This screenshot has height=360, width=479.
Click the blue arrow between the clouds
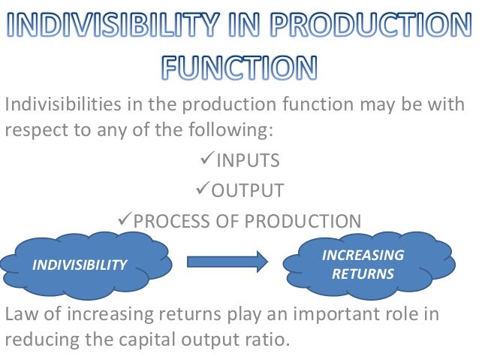(x=227, y=261)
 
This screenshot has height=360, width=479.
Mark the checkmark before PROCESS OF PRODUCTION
(x=125, y=220)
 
